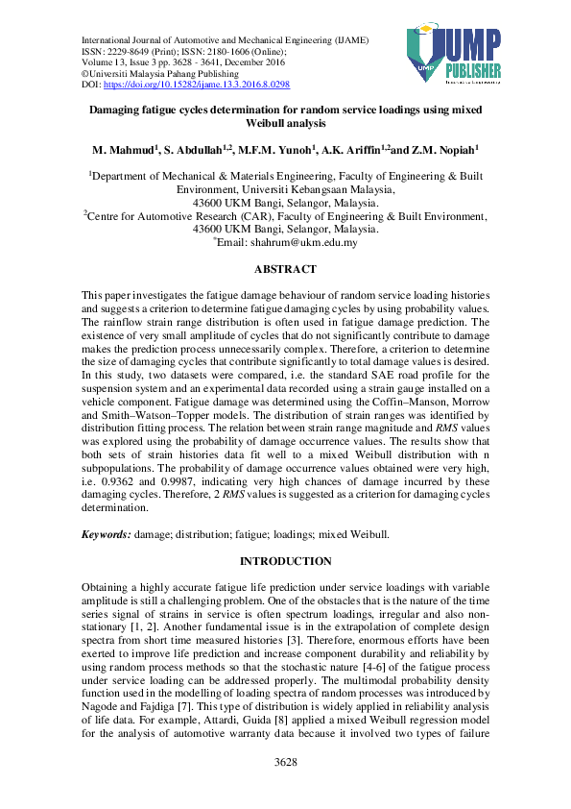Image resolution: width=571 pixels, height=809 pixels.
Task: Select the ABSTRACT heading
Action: tap(285, 270)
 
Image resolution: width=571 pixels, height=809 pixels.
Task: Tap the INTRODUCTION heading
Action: tap(285, 561)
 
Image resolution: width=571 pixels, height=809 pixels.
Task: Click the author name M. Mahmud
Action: tap(125, 152)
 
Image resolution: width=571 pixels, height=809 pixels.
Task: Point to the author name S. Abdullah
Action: tap(192, 152)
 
